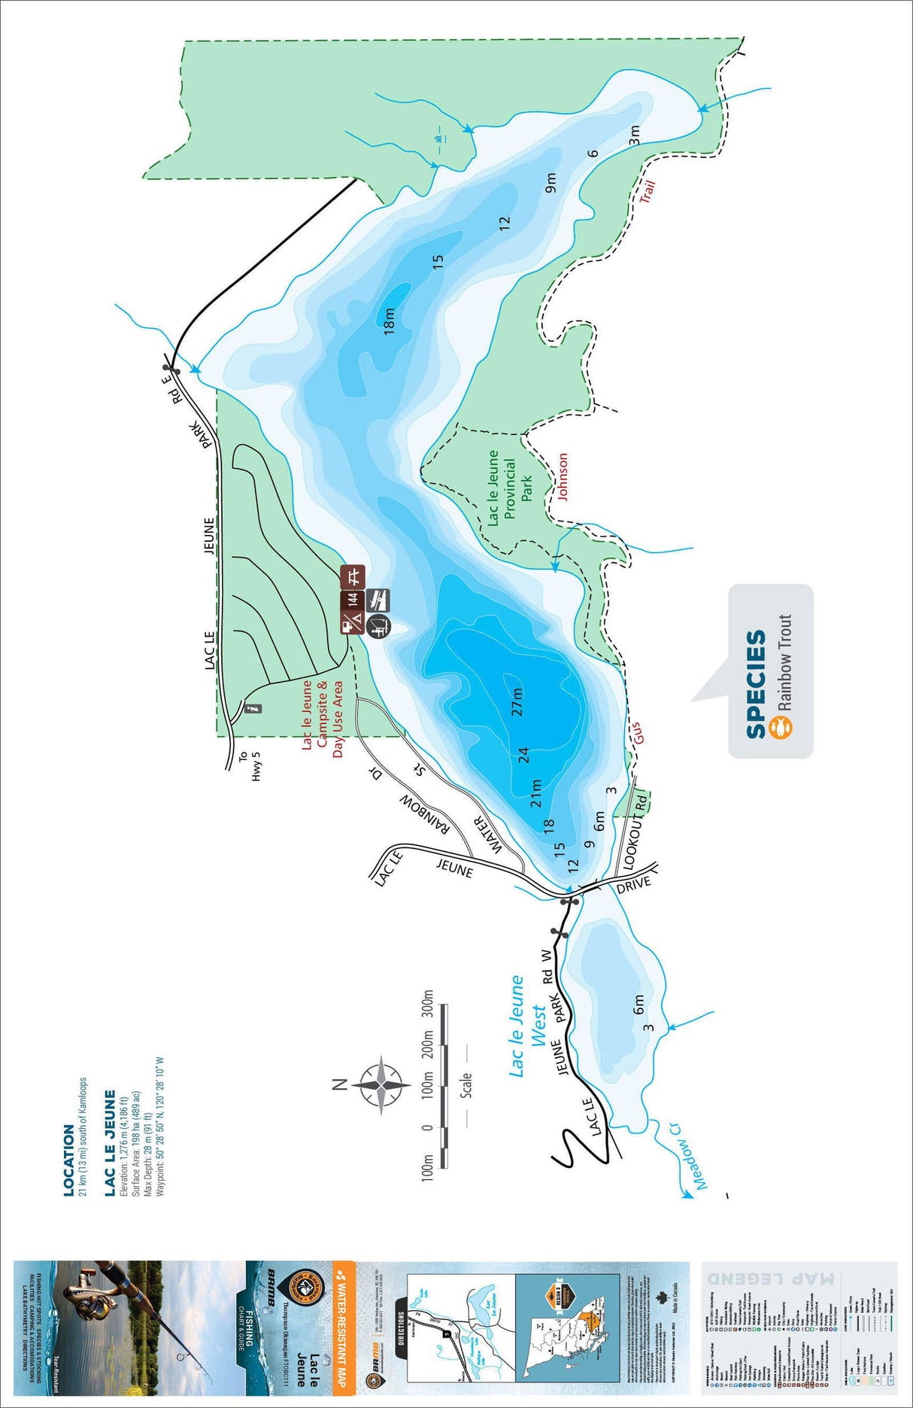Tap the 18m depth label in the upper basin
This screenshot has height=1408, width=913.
tap(389, 321)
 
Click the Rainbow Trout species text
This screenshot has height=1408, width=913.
tap(785, 662)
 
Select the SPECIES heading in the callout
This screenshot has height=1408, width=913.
tap(756, 684)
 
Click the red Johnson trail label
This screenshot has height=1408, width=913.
tap(562, 476)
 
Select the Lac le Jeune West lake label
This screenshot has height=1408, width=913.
tap(527, 1026)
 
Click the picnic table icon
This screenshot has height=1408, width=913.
tap(353, 577)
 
